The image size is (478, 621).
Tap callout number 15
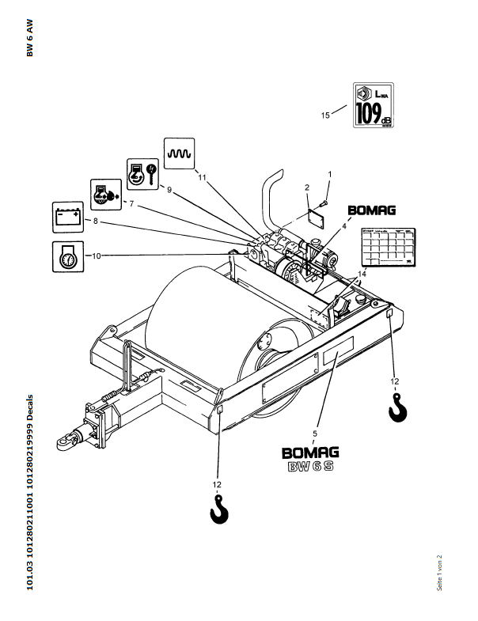pos(324,115)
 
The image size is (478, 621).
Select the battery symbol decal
pos(66,216)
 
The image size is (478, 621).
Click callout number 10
pos(97,256)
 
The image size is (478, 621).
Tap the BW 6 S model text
pos(310,467)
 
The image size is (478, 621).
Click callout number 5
pos(315,434)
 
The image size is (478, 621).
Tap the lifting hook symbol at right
pos(397,409)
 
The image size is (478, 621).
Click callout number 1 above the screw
pos(330,173)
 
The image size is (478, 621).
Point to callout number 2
pos(306,188)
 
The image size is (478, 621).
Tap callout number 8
pos(95,222)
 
